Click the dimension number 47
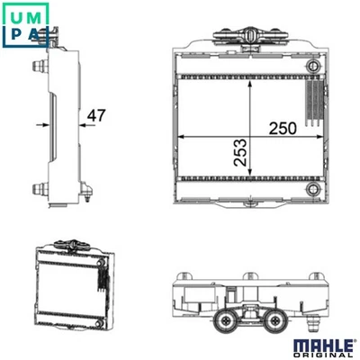96,115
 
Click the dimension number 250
283,129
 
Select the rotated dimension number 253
240,152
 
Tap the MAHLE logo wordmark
323,346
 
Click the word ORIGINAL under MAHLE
323,355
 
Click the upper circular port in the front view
314,65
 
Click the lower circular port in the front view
314,189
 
